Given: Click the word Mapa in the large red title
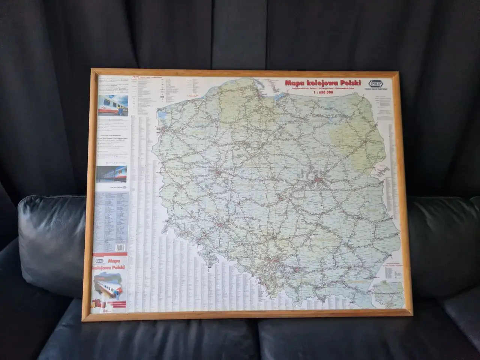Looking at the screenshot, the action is click(x=294, y=83).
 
